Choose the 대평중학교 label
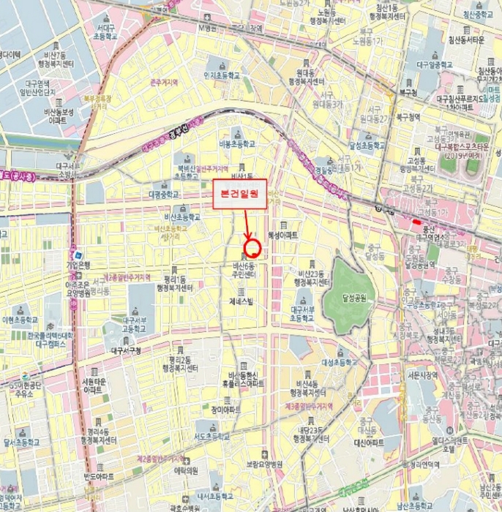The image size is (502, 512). pos(162,195)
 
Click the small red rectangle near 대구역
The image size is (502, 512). pos(416,222)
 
